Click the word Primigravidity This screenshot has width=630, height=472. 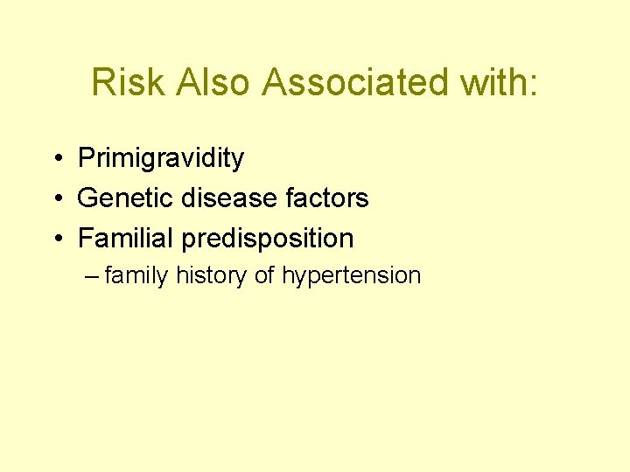click(x=161, y=158)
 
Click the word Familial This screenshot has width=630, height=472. click(x=126, y=238)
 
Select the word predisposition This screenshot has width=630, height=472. click(x=268, y=238)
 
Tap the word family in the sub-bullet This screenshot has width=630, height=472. click(x=136, y=276)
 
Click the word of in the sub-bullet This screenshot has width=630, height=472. click(x=264, y=276)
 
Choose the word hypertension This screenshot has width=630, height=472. click(x=351, y=276)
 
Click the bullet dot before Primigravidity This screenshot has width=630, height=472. click(x=55, y=159)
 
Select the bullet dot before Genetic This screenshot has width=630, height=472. click(x=55, y=199)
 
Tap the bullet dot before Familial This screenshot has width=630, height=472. click(x=55, y=239)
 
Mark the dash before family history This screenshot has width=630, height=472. click(x=94, y=277)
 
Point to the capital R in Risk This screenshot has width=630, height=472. click(x=103, y=82)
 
